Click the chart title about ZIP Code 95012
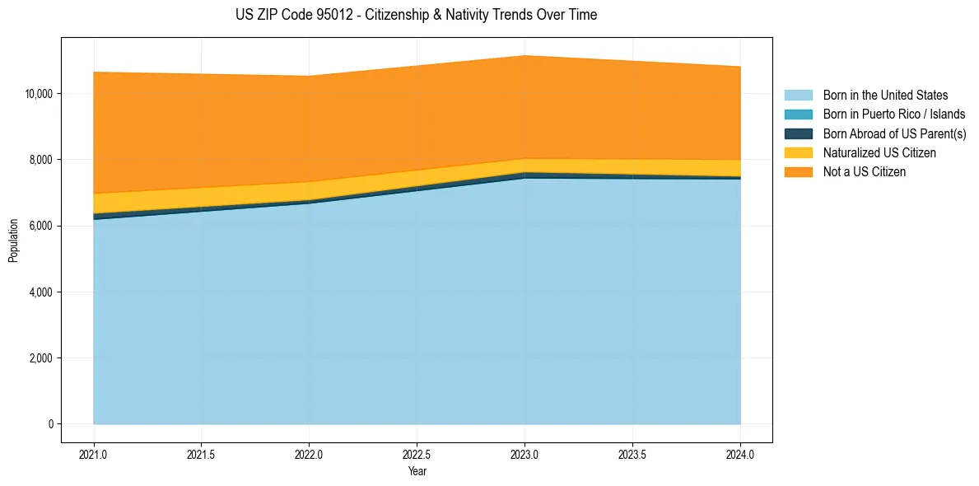416,15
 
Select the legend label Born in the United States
885,96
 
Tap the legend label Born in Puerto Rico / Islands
894,114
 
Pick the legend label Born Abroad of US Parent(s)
894,133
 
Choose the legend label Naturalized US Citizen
879,153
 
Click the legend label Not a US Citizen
864,172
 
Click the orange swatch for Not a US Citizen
798,172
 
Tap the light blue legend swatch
798,96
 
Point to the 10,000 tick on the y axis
39,94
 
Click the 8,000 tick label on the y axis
41,160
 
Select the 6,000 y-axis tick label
41,226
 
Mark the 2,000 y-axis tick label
41,358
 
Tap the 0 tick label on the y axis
50,424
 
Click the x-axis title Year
417,471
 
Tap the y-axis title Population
13,241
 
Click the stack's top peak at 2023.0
524,56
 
